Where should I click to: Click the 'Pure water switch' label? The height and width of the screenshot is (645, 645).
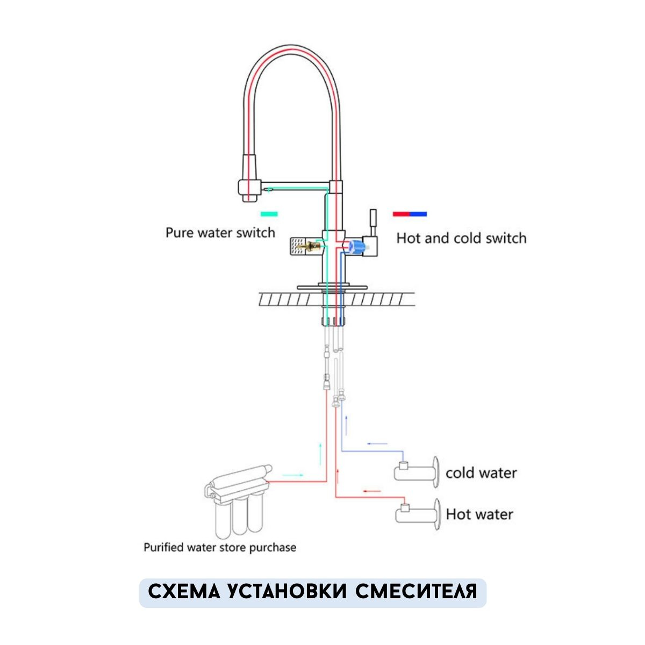[220, 233]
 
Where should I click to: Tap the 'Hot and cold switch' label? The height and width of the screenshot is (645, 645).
[461, 238]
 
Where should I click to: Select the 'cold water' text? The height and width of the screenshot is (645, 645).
[481, 473]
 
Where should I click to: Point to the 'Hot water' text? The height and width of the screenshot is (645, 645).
[479, 514]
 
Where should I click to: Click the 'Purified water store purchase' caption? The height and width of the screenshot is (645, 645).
[220, 548]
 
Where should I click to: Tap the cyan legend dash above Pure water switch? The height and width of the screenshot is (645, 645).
[269, 214]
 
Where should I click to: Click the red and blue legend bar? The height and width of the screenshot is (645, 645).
[410, 214]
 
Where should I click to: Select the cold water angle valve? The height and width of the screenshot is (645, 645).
[417, 471]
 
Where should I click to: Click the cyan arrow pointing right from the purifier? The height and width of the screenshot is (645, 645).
[293, 476]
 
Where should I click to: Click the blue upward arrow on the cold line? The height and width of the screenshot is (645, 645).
[346, 425]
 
